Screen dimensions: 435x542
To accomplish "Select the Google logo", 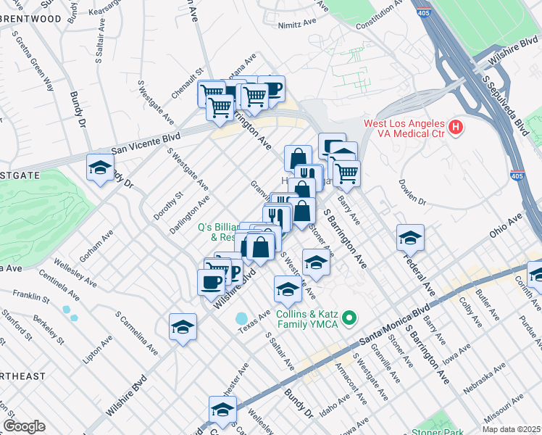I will (24, 426).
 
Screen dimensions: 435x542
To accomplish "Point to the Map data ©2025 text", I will (512, 429).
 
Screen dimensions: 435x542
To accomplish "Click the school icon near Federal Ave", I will (410, 238).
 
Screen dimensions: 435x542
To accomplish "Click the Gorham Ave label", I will (97, 245).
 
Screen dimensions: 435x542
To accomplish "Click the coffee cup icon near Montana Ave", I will (272, 89).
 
